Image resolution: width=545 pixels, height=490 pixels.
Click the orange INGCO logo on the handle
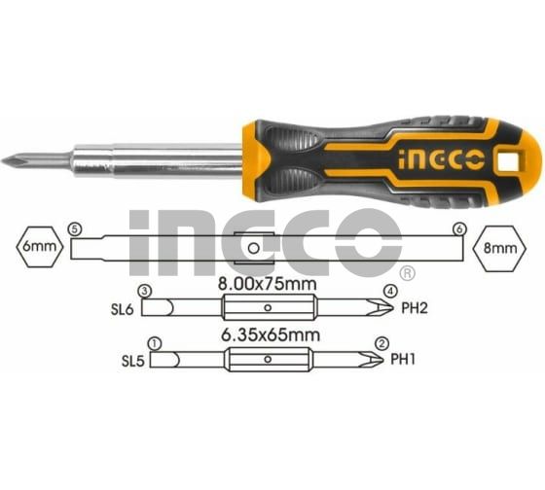[441, 160]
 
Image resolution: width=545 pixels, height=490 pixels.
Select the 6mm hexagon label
[40, 247]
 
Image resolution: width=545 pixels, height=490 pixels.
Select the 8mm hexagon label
[500, 248]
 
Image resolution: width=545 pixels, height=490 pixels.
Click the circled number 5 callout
[75, 229]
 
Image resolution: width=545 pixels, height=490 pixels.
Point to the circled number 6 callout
[459, 229]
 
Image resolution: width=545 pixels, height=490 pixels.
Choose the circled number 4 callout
[390, 292]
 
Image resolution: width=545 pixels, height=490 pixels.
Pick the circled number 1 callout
[155, 344]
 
